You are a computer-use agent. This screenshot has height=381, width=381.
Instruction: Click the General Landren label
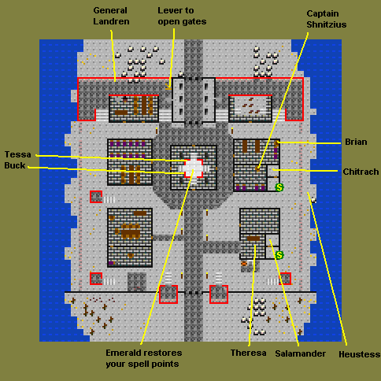[111, 16]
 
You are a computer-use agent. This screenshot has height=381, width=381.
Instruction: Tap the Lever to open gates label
[182, 16]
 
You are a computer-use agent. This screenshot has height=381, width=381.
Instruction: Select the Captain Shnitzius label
[327, 19]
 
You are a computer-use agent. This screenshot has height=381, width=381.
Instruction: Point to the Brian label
[356, 142]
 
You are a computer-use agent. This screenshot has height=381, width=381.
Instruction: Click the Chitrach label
[361, 172]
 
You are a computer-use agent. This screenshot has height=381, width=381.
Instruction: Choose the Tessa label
[18, 154]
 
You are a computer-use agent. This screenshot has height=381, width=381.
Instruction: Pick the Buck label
[15, 165]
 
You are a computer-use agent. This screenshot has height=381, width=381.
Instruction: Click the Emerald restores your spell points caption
[144, 358]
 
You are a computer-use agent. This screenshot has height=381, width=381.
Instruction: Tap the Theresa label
[248, 353]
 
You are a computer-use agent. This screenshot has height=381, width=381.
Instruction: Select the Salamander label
[301, 353]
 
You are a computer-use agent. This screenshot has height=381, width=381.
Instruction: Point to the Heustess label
[360, 354]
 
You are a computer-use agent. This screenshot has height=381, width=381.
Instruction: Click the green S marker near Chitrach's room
[279, 187]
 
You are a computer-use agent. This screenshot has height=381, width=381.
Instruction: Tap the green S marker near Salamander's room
[279, 255]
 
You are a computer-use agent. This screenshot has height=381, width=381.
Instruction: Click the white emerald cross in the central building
[194, 168]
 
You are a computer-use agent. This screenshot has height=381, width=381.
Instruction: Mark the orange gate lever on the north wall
[168, 87]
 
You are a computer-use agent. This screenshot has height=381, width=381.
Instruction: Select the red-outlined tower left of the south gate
[168, 294]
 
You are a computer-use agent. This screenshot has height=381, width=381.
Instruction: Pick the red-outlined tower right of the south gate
[219, 294]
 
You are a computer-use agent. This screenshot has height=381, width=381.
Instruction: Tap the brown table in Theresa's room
[253, 239]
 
